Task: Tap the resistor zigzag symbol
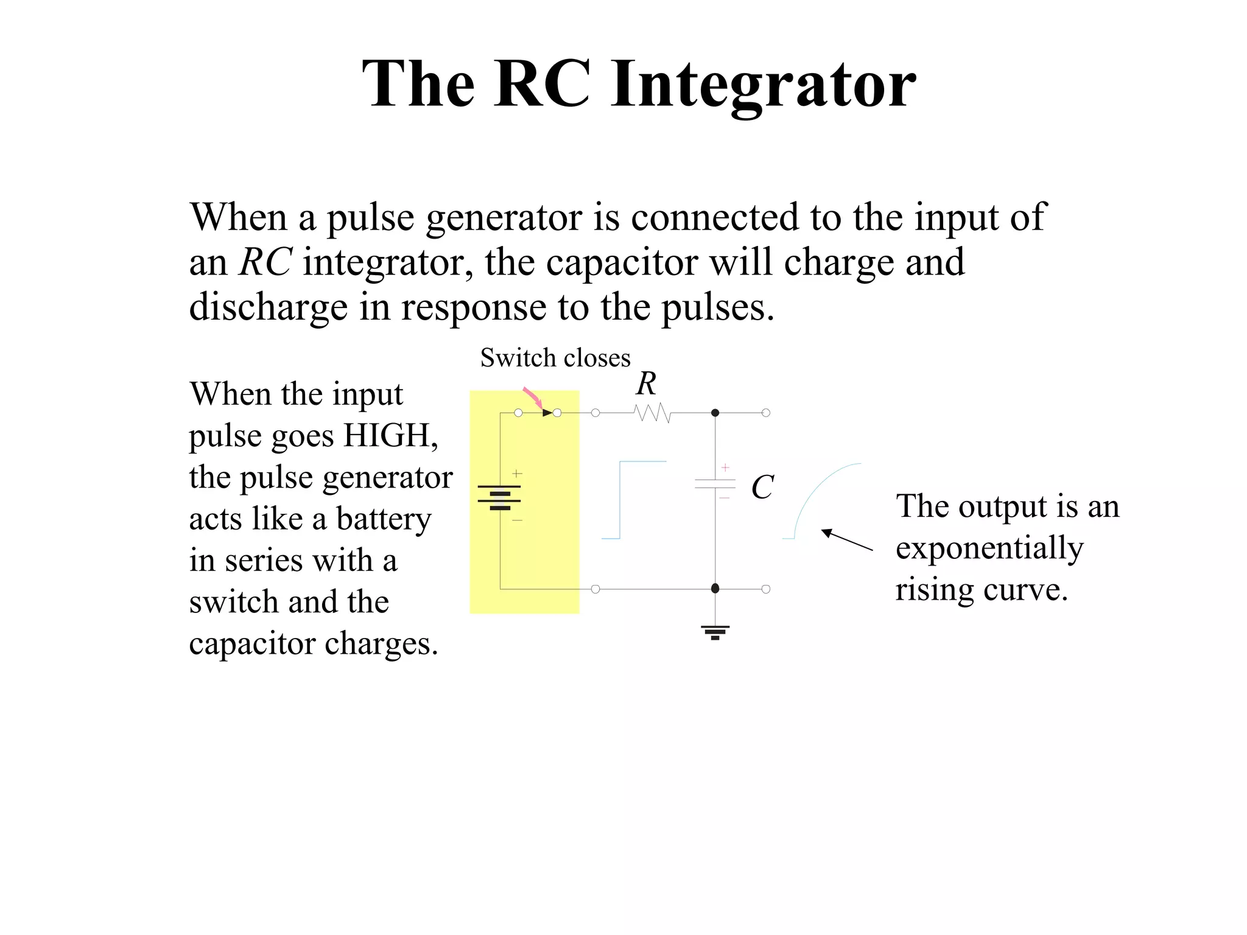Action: (652, 413)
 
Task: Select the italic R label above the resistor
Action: (646, 384)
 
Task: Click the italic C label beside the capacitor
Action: (762, 488)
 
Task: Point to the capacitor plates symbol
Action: (715, 484)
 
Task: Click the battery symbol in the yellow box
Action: (499, 497)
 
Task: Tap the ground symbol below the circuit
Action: (715, 632)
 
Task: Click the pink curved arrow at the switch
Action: (533, 397)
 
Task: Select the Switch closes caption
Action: (555, 358)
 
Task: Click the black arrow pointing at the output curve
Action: (846, 540)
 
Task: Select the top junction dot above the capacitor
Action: (715, 413)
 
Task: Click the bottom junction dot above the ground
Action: (715, 589)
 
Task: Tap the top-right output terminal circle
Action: (766, 413)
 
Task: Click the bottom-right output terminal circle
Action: (766, 589)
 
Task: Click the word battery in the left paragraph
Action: (383, 519)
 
